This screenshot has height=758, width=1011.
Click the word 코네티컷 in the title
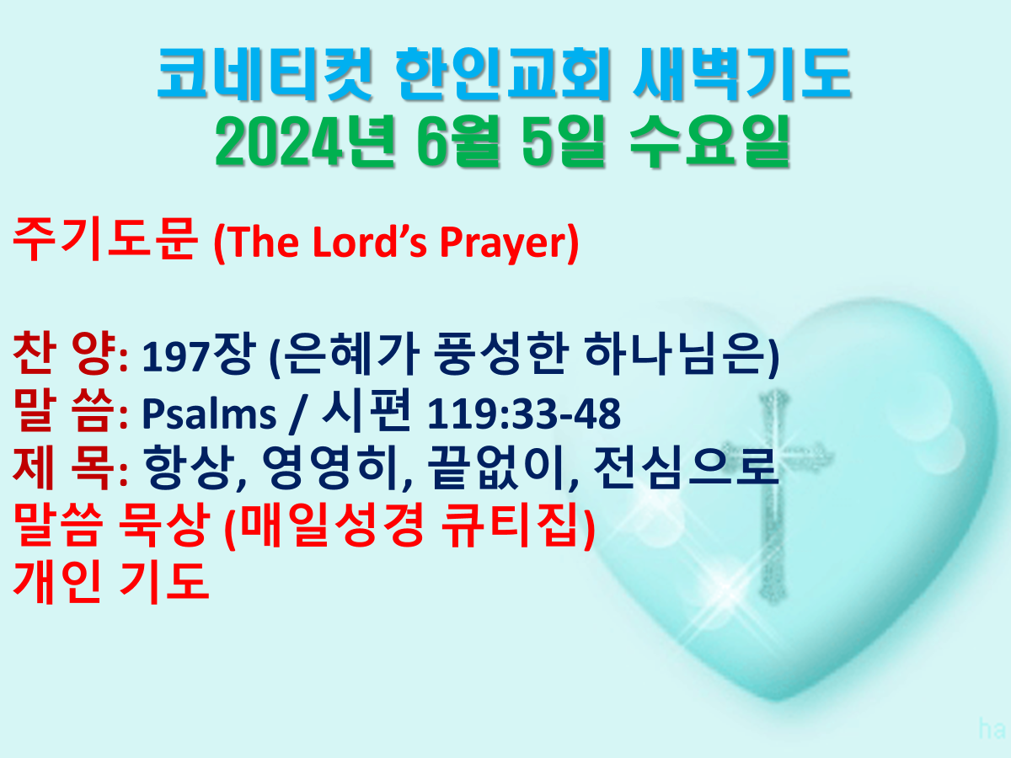point(265,75)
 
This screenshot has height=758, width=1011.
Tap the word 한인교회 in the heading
point(503,75)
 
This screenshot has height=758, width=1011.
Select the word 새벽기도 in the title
point(742,75)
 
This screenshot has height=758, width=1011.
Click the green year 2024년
point(305,141)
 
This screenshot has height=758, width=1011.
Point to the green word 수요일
point(709,141)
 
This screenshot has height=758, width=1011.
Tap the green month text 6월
point(458,141)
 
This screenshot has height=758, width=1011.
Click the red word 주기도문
point(105,239)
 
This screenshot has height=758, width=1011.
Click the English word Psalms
point(209,414)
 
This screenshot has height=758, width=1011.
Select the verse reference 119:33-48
point(524,414)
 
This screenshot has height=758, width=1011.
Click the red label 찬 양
point(65,354)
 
